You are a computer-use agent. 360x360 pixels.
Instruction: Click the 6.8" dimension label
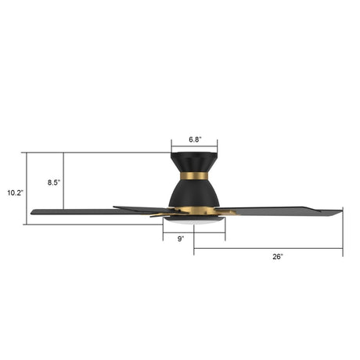coord(195,140)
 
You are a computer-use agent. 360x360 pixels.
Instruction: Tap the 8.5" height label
coord(54,182)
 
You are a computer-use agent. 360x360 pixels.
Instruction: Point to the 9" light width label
coord(180,239)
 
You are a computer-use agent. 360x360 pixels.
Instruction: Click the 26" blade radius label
coord(279,256)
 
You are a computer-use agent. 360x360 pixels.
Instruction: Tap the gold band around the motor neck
coord(194,176)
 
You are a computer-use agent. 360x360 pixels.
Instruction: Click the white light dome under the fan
coord(194,223)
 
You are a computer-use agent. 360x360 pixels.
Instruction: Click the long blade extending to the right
coord(282,210)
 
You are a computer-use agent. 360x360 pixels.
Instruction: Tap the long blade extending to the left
coord(78,211)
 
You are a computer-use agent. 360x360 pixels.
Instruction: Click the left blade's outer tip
coord(33,212)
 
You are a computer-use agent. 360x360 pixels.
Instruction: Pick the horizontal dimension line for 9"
coord(194,232)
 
